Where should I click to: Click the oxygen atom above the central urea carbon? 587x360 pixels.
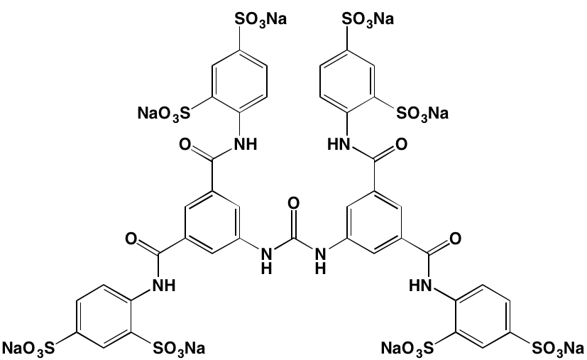tap(294, 203)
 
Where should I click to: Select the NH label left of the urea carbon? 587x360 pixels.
tap(267, 261)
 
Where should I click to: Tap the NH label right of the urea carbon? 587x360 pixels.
tap(320, 261)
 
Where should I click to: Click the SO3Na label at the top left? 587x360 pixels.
tap(260, 19)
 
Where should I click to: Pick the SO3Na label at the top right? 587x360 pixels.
tap(368, 19)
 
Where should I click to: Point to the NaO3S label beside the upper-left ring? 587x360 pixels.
tap(164, 113)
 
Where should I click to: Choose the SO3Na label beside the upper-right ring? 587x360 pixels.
tap(422, 113)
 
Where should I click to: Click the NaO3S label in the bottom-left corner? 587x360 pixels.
tap(28, 349)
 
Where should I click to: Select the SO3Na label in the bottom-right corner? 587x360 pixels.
tap(558, 349)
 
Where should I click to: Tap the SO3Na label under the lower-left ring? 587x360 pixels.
tap(179, 349)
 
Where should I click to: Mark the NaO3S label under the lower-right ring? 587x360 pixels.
tap(407, 349)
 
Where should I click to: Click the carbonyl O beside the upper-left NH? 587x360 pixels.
tap(186, 144)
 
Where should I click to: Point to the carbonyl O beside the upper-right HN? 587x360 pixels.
tap(401, 144)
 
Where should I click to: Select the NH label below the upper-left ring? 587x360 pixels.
tap(246, 144)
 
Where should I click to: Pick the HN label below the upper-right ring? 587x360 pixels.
tap(339, 144)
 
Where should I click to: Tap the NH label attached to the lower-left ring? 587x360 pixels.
tap(164, 286)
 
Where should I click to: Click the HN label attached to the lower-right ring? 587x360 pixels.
tap(421, 286)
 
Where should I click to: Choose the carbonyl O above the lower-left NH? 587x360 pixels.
tap(131, 239)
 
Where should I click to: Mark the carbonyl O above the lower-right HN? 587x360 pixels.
tap(455, 239)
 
